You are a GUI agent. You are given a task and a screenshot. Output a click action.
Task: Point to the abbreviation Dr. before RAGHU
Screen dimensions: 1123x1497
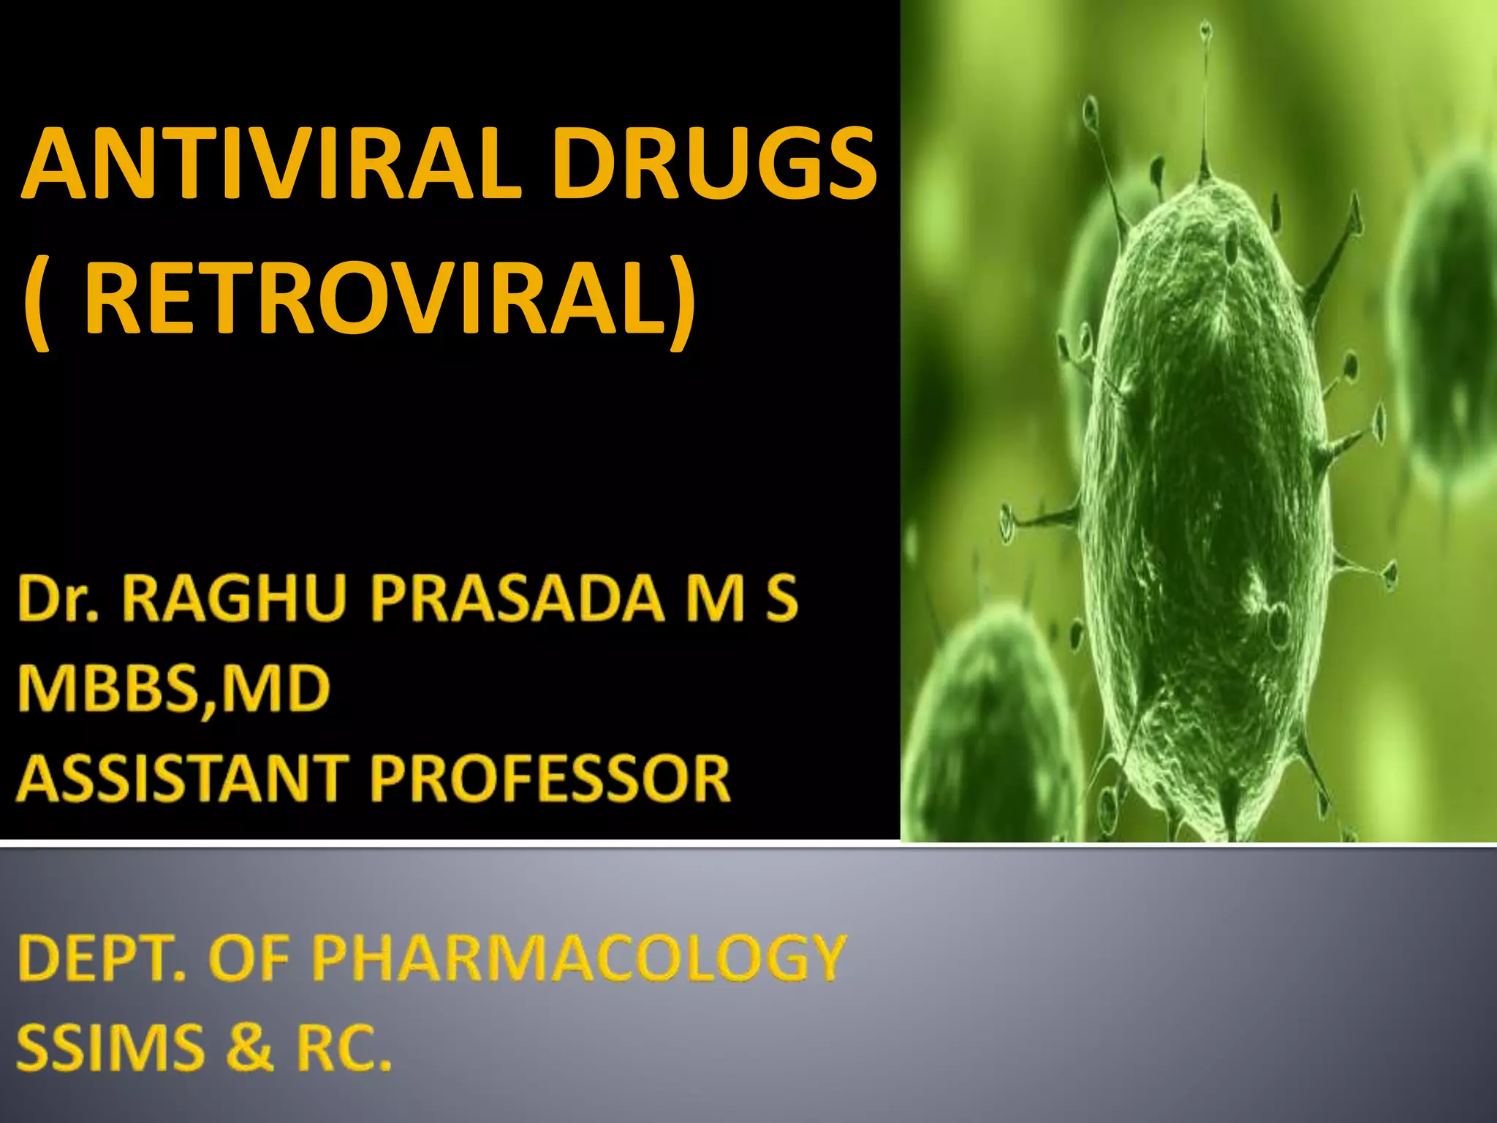click(x=58, y=600)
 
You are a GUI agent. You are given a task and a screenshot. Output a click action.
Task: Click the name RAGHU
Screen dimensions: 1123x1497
click(x=234, y=600)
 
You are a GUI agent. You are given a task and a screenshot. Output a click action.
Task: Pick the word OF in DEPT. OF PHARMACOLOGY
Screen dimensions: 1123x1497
click(x=249, y=958)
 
